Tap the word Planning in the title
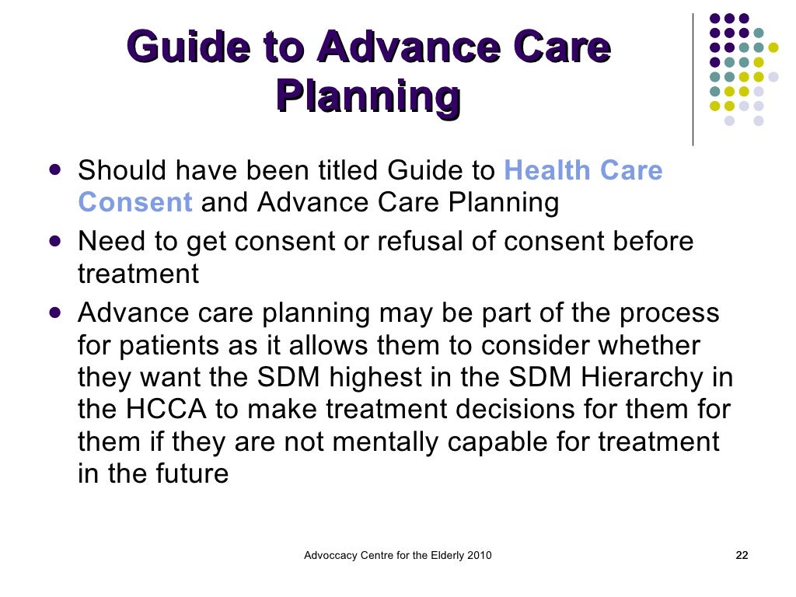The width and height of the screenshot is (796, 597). pos(368,97)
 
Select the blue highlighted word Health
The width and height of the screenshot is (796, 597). pos(552,169)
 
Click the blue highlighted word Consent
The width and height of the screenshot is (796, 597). pos(135,203)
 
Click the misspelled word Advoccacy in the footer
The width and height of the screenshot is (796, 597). pos(331,556)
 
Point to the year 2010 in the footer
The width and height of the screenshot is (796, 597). pos(477,556)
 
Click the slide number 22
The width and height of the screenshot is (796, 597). pos(742,556)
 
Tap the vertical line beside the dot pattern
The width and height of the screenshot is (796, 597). pos(693,78)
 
